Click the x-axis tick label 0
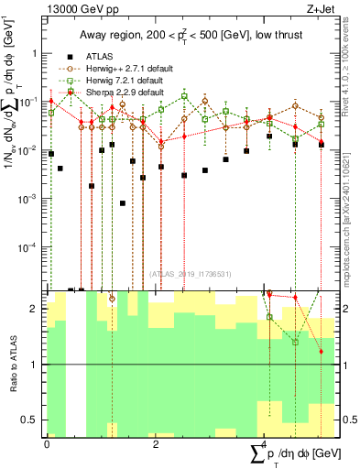coord(46,444)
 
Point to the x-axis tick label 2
coord(156,444)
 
